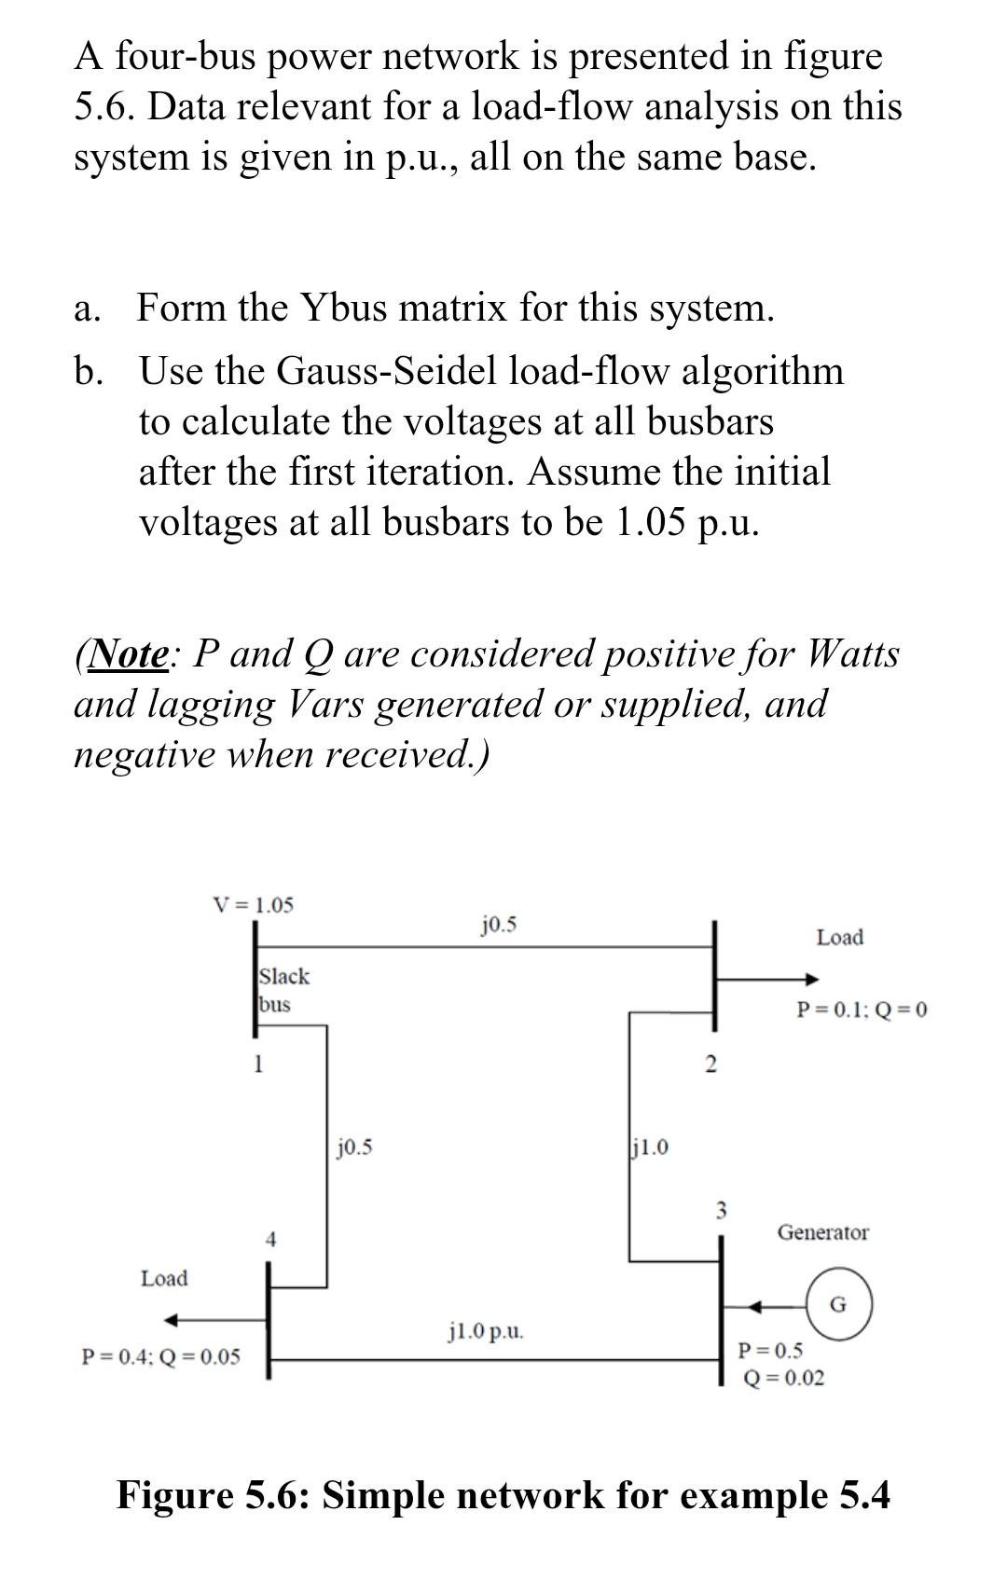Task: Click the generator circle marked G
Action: coord(838,1304)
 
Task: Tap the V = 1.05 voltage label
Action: coord(253,904)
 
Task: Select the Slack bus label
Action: coord(283,990)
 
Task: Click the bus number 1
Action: coord(259,1063)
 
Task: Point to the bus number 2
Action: coord(710,1065)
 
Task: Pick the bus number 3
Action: coord(720,1211)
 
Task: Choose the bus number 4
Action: coord(270,1239)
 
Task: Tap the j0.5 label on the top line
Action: coord(500,925)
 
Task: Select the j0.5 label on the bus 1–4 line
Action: coord(354,1147)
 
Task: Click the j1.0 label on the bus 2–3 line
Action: coord(650,1147)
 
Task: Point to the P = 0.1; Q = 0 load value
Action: coord(862,1010)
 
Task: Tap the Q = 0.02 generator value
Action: coord(783,1378)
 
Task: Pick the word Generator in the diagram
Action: coord(822,1232)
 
